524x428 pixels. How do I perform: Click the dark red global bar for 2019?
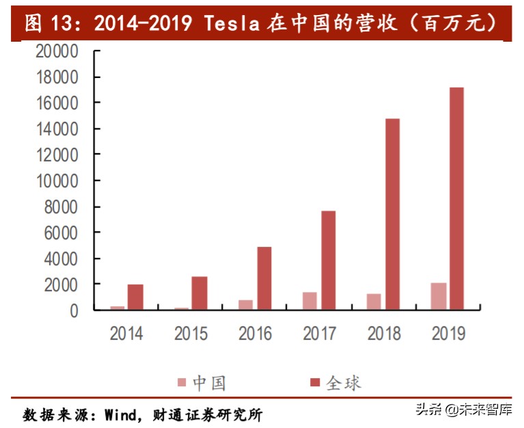point(456,198)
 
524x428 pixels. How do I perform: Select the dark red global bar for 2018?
point(391,214)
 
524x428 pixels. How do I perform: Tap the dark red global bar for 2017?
point(328,260)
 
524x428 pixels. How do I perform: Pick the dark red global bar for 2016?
point(264,278)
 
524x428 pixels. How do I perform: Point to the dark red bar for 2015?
point(199,293)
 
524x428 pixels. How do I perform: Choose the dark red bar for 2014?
point(135,297)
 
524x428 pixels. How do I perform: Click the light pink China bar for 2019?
point(438,296)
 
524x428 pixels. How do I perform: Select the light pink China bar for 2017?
point(309,301)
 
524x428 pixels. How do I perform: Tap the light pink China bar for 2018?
point(374,302)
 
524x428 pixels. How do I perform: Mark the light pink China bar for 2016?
point(246,304)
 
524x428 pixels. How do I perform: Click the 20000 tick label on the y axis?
point(57,51)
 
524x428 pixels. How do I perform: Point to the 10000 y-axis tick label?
point(57,180)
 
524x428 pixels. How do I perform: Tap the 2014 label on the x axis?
point(127,334)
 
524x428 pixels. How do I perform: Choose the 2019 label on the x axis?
point(447,334)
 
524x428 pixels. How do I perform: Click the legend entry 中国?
point(202,382)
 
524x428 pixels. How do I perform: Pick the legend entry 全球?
point(336,382)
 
